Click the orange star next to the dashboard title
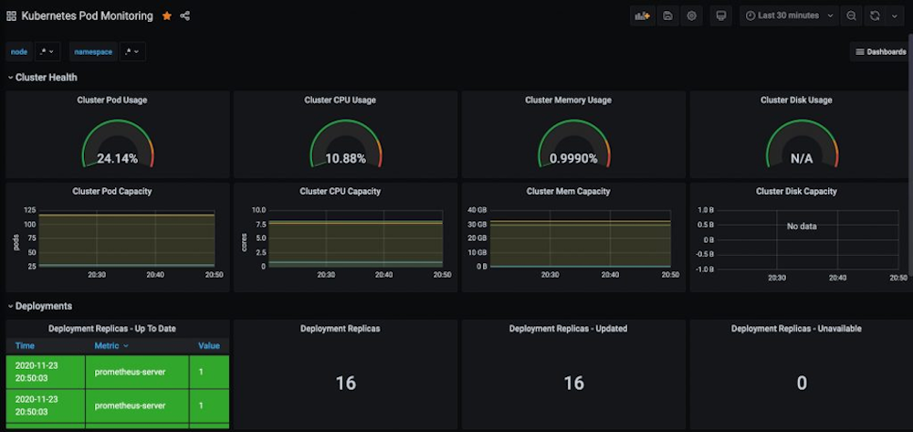coord(166,16)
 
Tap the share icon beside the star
coord(185,16)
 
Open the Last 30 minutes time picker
coord(788,16)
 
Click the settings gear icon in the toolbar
coord(692,16)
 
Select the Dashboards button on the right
coord(880,52)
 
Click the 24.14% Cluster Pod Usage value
coord(117,158)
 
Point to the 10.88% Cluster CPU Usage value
coord(345,158)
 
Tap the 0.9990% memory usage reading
coord(573,158)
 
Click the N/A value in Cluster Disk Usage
coord(801,158)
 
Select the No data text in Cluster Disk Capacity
coord(801,226)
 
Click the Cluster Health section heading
coord(46,78)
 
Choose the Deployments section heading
coord(43,306)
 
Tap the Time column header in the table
coord(25,346)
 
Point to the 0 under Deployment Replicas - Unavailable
coord(801,384)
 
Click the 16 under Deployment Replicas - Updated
coord(573,384)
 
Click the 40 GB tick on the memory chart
coord(477,209)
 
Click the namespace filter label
coord(93,52)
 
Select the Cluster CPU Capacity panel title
coord(340,191)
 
